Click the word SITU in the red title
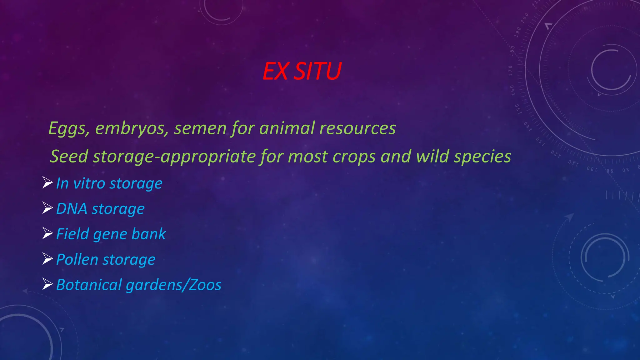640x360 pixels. tap(318, 71)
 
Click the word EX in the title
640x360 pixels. tap(275, 71)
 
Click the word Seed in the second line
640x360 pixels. tap(69, 156)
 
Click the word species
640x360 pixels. tap(482, 156)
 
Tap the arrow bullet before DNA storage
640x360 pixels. tap(47, 208)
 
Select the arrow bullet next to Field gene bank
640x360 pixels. tap(47, 233)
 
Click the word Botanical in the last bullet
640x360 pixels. tap(89, 285)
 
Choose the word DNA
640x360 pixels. tap(72, 209)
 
